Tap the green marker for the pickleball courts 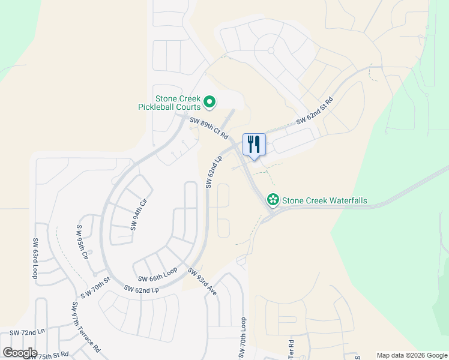tap(209, 103)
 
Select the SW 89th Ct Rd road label tap(209, 127)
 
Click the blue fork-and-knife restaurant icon tap(254, 145)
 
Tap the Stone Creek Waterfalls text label tap(324, 200)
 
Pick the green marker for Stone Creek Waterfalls tap(273, 199)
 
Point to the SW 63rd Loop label tap(35, 259)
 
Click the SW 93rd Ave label tap(202, 281)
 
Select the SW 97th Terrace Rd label tap(85, 327)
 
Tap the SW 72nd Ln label tap(27, 332)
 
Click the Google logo tap(19, 353)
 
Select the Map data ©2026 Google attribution tap(412, 355)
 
